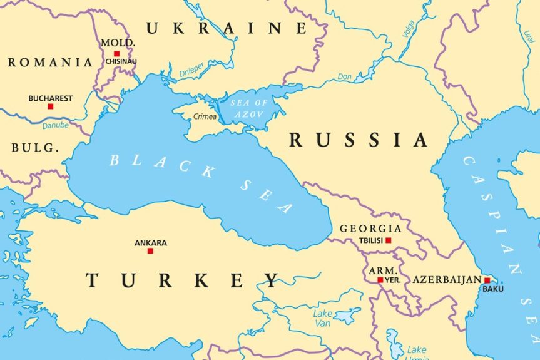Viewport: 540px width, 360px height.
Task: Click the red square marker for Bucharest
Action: tap(51, 106)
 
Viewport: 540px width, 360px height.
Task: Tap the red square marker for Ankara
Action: tap(150, 251)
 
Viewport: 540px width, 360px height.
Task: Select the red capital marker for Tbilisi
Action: tap(388, 240)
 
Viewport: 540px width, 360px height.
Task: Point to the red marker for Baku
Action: tap(487, 280)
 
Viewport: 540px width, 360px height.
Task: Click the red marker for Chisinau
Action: tap(116, 54)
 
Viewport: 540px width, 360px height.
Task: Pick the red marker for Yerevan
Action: tap(380, 280)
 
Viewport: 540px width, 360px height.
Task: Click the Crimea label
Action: tap(205, 116)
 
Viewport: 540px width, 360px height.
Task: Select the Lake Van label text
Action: tap(323, 318)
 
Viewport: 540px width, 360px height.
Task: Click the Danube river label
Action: tap(56, 126)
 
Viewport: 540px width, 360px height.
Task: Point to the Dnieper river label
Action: tap(191, 73)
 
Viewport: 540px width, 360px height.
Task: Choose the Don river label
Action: tap(344, 76)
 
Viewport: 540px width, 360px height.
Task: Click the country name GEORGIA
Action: tap(370, 229)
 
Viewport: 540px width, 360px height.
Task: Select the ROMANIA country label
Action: tap(50, 63)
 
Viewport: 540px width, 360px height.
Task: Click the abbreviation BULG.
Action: tap(35, 148)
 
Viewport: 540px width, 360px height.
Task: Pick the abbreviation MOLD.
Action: tap(118, 43)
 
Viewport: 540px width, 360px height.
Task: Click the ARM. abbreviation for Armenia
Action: tap(381, 270)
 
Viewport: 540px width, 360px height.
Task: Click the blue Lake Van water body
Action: tap(347, 316)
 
